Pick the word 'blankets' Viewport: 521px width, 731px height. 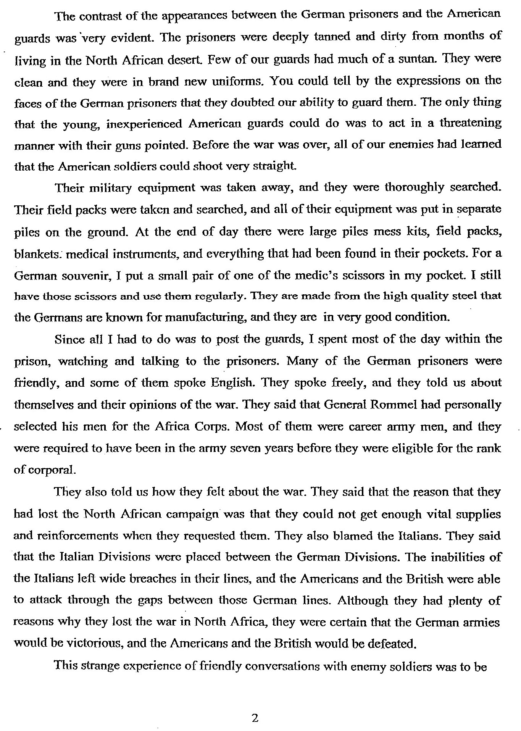[x=36, y=253]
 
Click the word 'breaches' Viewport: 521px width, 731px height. [x=172, y=579]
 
